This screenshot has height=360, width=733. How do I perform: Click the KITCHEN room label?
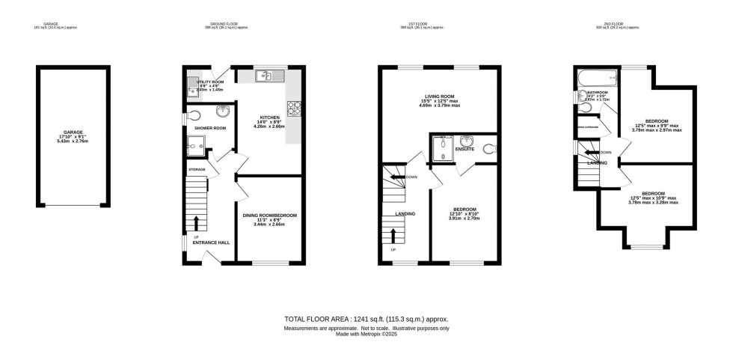click(x=269, y=118)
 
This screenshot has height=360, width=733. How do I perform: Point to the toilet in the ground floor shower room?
click(x=194, y=116)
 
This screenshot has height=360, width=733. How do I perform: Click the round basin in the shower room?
click(x=223, y=112)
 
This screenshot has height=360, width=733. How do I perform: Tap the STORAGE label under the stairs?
click(x=197, y=170)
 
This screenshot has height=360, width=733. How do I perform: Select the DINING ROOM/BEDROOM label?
click(x=270, y=216)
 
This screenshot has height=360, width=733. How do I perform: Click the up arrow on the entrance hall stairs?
click(x=197, y=223)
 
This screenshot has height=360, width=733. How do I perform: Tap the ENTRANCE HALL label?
click(x=212, y=242)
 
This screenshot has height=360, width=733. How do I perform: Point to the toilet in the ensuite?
click(x=490, y=148)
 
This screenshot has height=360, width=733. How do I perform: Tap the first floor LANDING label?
click(x=405, y=214)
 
